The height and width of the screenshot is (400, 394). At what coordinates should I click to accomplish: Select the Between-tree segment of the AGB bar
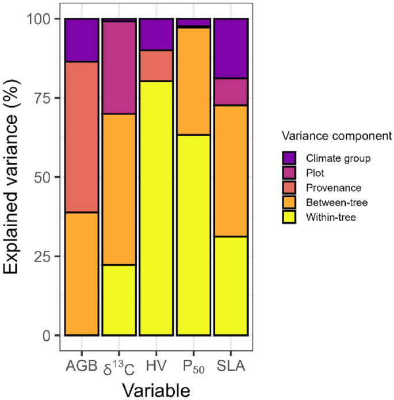81,273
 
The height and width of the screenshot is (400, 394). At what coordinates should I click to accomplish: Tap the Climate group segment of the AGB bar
81,40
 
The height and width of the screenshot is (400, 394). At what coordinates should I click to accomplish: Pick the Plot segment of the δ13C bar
118,68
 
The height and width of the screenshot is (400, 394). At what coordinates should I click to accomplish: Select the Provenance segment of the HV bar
156,66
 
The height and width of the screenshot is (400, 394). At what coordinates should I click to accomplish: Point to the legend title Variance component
336,136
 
